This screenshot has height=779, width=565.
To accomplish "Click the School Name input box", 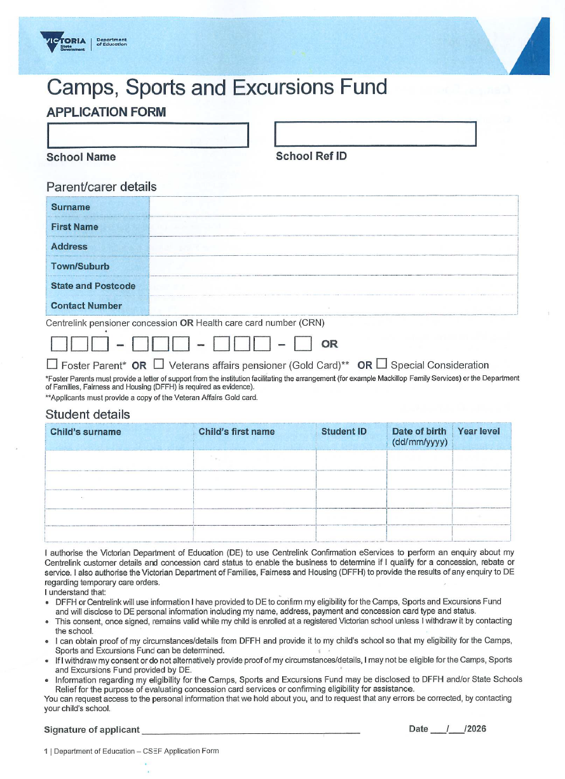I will (x=147, y=135).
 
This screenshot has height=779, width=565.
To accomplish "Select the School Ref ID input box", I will (x=375, y=133).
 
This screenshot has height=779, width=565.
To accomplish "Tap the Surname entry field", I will (x=334, y=207).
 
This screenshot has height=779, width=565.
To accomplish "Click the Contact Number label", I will (x=86, y=305).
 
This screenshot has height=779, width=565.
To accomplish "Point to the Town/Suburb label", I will (x=80, y=266).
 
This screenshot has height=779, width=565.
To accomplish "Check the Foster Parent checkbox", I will (x=52, y=364).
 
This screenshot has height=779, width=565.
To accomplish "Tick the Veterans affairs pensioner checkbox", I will (x=159, y=364).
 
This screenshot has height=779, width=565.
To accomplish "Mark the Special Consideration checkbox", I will (x=381, y=364).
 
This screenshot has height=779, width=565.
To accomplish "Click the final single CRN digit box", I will (x=303, y=345).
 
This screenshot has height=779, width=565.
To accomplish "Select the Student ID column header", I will (x=344, y=432).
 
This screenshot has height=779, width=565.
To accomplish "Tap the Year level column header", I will (x=479, y=432).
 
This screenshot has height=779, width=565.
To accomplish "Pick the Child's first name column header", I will (x=236, y=432).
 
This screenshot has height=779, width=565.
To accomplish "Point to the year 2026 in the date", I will (x=475, y=729).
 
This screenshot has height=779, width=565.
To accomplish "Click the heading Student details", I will (x=88, y=415).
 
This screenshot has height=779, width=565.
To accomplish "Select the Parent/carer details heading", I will (x=101, y=187).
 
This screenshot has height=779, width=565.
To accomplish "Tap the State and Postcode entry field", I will (x=334, y=286).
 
